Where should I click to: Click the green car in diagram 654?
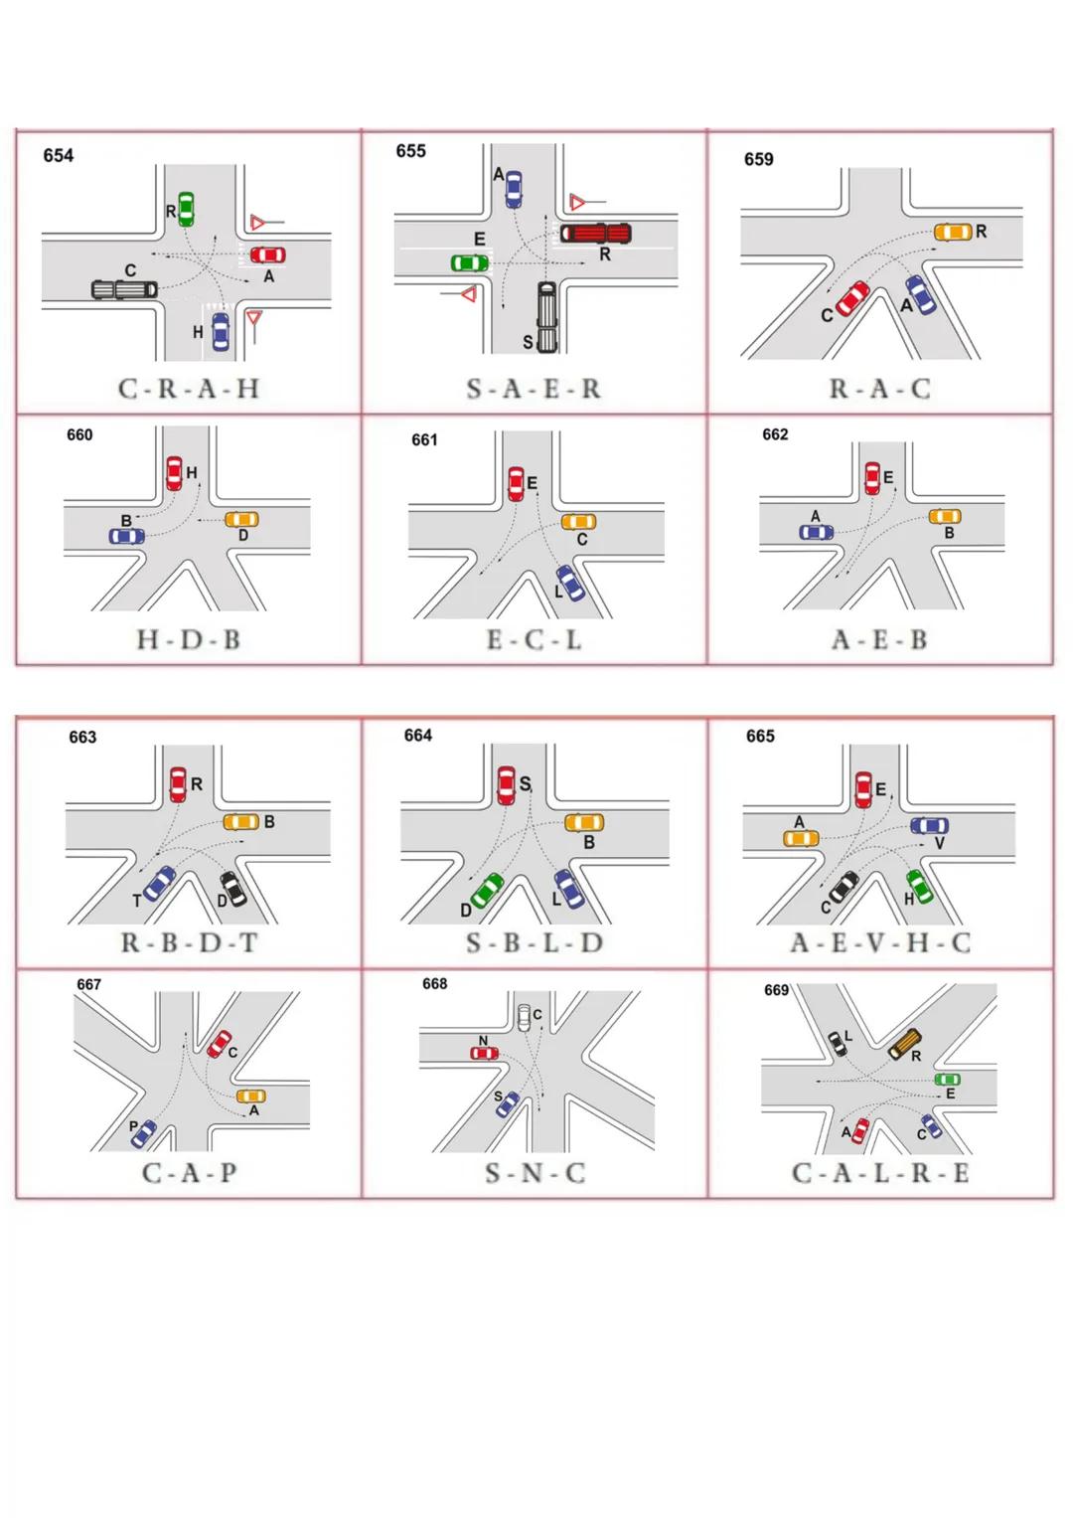(187, 210)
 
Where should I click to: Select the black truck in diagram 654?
(124, 290)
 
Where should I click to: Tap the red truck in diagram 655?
(596, 234)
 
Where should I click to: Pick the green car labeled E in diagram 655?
(470, 262)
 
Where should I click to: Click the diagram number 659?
(759, 159)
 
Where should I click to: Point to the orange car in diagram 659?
(953, 233)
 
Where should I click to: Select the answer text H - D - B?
(189, 640)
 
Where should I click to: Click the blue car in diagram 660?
(127, 537)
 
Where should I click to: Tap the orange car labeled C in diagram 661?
(579, 522)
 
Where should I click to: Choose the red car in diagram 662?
(872, 478)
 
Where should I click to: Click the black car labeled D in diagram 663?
(233, 889)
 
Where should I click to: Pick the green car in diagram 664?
(487, 891)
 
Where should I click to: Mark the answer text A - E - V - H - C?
(880, 942)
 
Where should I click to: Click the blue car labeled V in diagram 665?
(929, 826)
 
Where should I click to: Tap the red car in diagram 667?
(219, 1044)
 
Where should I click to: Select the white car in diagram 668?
(525, 1018)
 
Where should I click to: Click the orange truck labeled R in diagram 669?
(905, 1044)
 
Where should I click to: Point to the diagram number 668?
(435, 984)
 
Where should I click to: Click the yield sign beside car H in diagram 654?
(254, 317)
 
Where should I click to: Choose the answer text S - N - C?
(536, 1173)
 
